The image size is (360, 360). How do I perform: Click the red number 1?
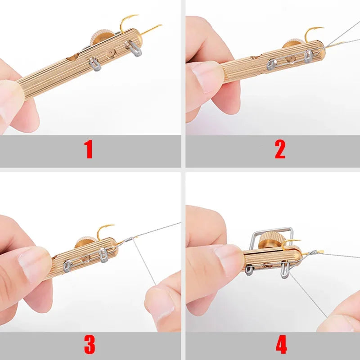click(89, 150)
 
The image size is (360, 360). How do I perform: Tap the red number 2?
click(280, 150)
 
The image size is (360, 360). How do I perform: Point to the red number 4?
click(281, 344)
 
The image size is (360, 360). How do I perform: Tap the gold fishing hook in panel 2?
click(314, 32)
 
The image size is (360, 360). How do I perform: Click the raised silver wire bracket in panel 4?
click(270, 230)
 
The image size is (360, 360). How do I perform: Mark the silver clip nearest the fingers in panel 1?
click(95, 65)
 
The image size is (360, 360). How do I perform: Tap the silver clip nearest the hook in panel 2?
click(308, 56)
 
